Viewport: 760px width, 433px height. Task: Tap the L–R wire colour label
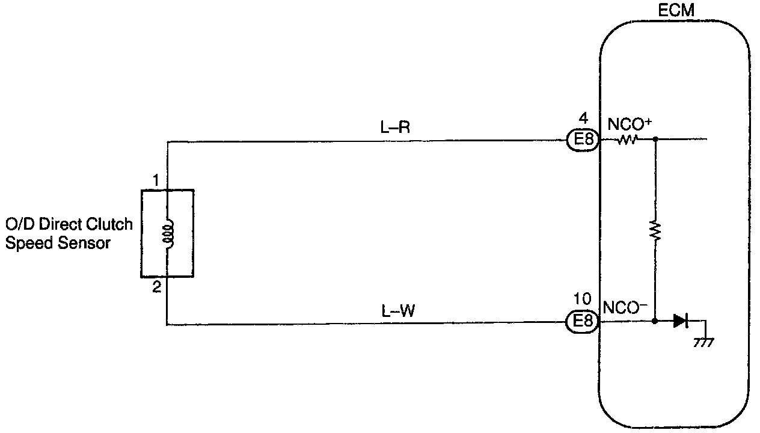click(x=396, y=127)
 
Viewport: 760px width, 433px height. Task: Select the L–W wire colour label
click(x=397, y=311)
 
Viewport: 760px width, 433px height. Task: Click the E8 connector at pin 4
click(x=582, y=141)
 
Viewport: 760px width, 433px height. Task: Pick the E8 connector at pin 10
click(x=582, y=322)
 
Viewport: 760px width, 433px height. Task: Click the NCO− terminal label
click(x=625, y=308)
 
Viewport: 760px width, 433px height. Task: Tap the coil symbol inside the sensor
click(x=168, y=233)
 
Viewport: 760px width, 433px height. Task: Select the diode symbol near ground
click(x=680, y=321)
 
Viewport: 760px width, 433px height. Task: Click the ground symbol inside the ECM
click(x=703, y=342)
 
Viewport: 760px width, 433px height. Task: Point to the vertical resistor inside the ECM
click(x=655, y=230)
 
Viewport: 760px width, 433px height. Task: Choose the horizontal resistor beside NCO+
click(x=627, y=141)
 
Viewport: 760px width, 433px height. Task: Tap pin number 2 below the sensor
click(x=156, y=287)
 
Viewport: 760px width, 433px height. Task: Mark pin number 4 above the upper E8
click(x=583, y=118)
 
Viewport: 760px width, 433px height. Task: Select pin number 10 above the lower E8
click(x=583, y=299)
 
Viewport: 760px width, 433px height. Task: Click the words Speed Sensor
click(x=58, y=244)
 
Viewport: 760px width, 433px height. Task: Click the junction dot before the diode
click(x=655, y=321)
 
